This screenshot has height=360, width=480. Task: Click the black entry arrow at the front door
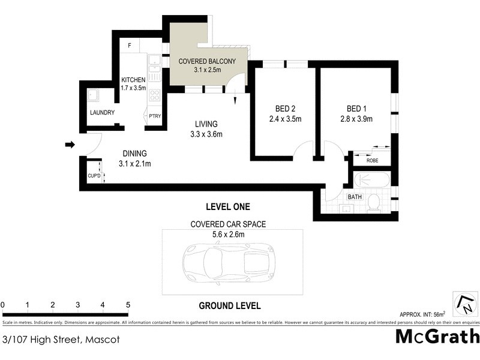pyautogui.click(x=70, y=145)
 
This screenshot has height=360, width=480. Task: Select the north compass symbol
pyautogui.click(x=464, y=304)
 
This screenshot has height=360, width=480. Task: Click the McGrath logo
pyautogui.click(x=437, y=336)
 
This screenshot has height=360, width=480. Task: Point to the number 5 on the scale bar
pyautogui.click(x=128, y=305)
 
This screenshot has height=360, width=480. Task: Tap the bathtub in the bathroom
pyautogui.click(x=372, y=180)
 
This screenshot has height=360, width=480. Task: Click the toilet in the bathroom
pyautogui.click(x=373, y=203)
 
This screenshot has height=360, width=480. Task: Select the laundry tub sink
pyautogui.click(x=94, y=96)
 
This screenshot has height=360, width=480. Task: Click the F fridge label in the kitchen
pyautogui.click(x=130, y=46)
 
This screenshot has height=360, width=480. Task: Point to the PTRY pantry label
pyautogui.click(x=155, y=116)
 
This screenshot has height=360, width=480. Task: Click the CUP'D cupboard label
pyautogui.click(x=94, y=176)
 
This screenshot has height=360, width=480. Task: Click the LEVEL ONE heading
pyautogui.click(x=227, y=207)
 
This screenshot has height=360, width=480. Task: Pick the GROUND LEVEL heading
pyautogui.click(x=230, y=305)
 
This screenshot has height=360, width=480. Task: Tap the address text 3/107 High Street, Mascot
pyautogui.click(x=60, y=340)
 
